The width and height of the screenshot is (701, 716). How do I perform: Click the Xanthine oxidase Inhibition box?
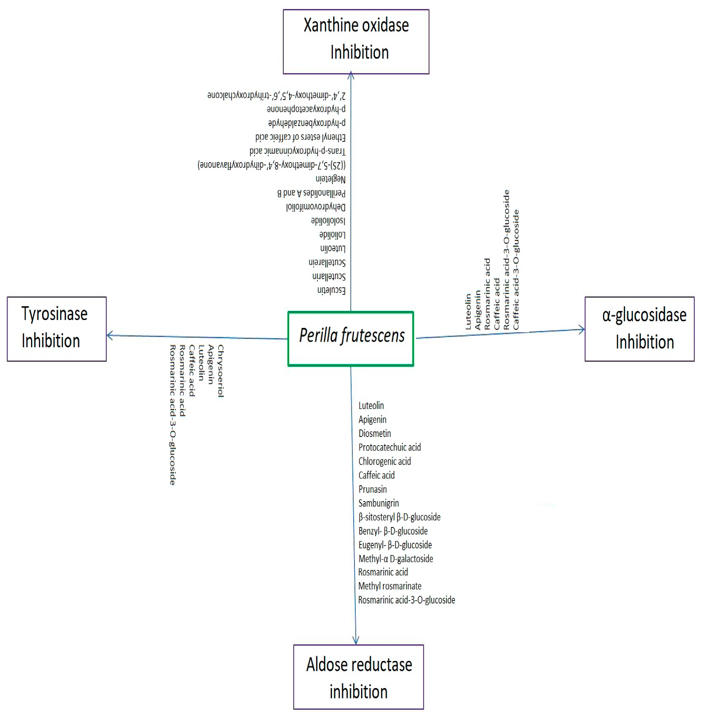tap(356, 41)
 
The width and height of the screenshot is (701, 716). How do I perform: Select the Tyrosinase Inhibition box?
tap(57, 329)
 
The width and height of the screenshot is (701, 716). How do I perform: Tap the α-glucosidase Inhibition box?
tap(639, 329)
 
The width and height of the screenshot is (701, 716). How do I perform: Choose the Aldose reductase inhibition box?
tap(358, 677)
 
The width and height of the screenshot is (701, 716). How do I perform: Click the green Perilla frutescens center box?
tap(350, 339)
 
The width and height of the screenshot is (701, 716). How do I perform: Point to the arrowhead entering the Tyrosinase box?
tap(110, 335)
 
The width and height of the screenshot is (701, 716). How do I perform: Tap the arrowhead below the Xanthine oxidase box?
tap(351, 76)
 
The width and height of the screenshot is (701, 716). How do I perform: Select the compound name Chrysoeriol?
tap(221, 371)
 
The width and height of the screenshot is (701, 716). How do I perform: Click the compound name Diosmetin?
tap(374, 433)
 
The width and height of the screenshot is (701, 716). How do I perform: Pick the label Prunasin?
tap(373, 489)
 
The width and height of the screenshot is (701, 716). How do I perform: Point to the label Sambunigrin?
tap(378, 503)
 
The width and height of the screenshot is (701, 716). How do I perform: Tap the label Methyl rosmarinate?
tap(389, 586)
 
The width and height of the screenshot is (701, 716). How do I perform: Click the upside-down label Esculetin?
tap(331, 290)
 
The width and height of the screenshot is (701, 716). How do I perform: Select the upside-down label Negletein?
tap(330, 179)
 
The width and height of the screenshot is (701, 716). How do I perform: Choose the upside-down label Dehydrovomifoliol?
tap(315, 207)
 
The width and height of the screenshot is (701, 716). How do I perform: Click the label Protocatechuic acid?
tap(389, 447)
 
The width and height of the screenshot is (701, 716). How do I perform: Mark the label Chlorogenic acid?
tap(384, 461)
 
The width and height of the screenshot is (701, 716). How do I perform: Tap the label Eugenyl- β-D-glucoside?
tap(395, 545)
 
